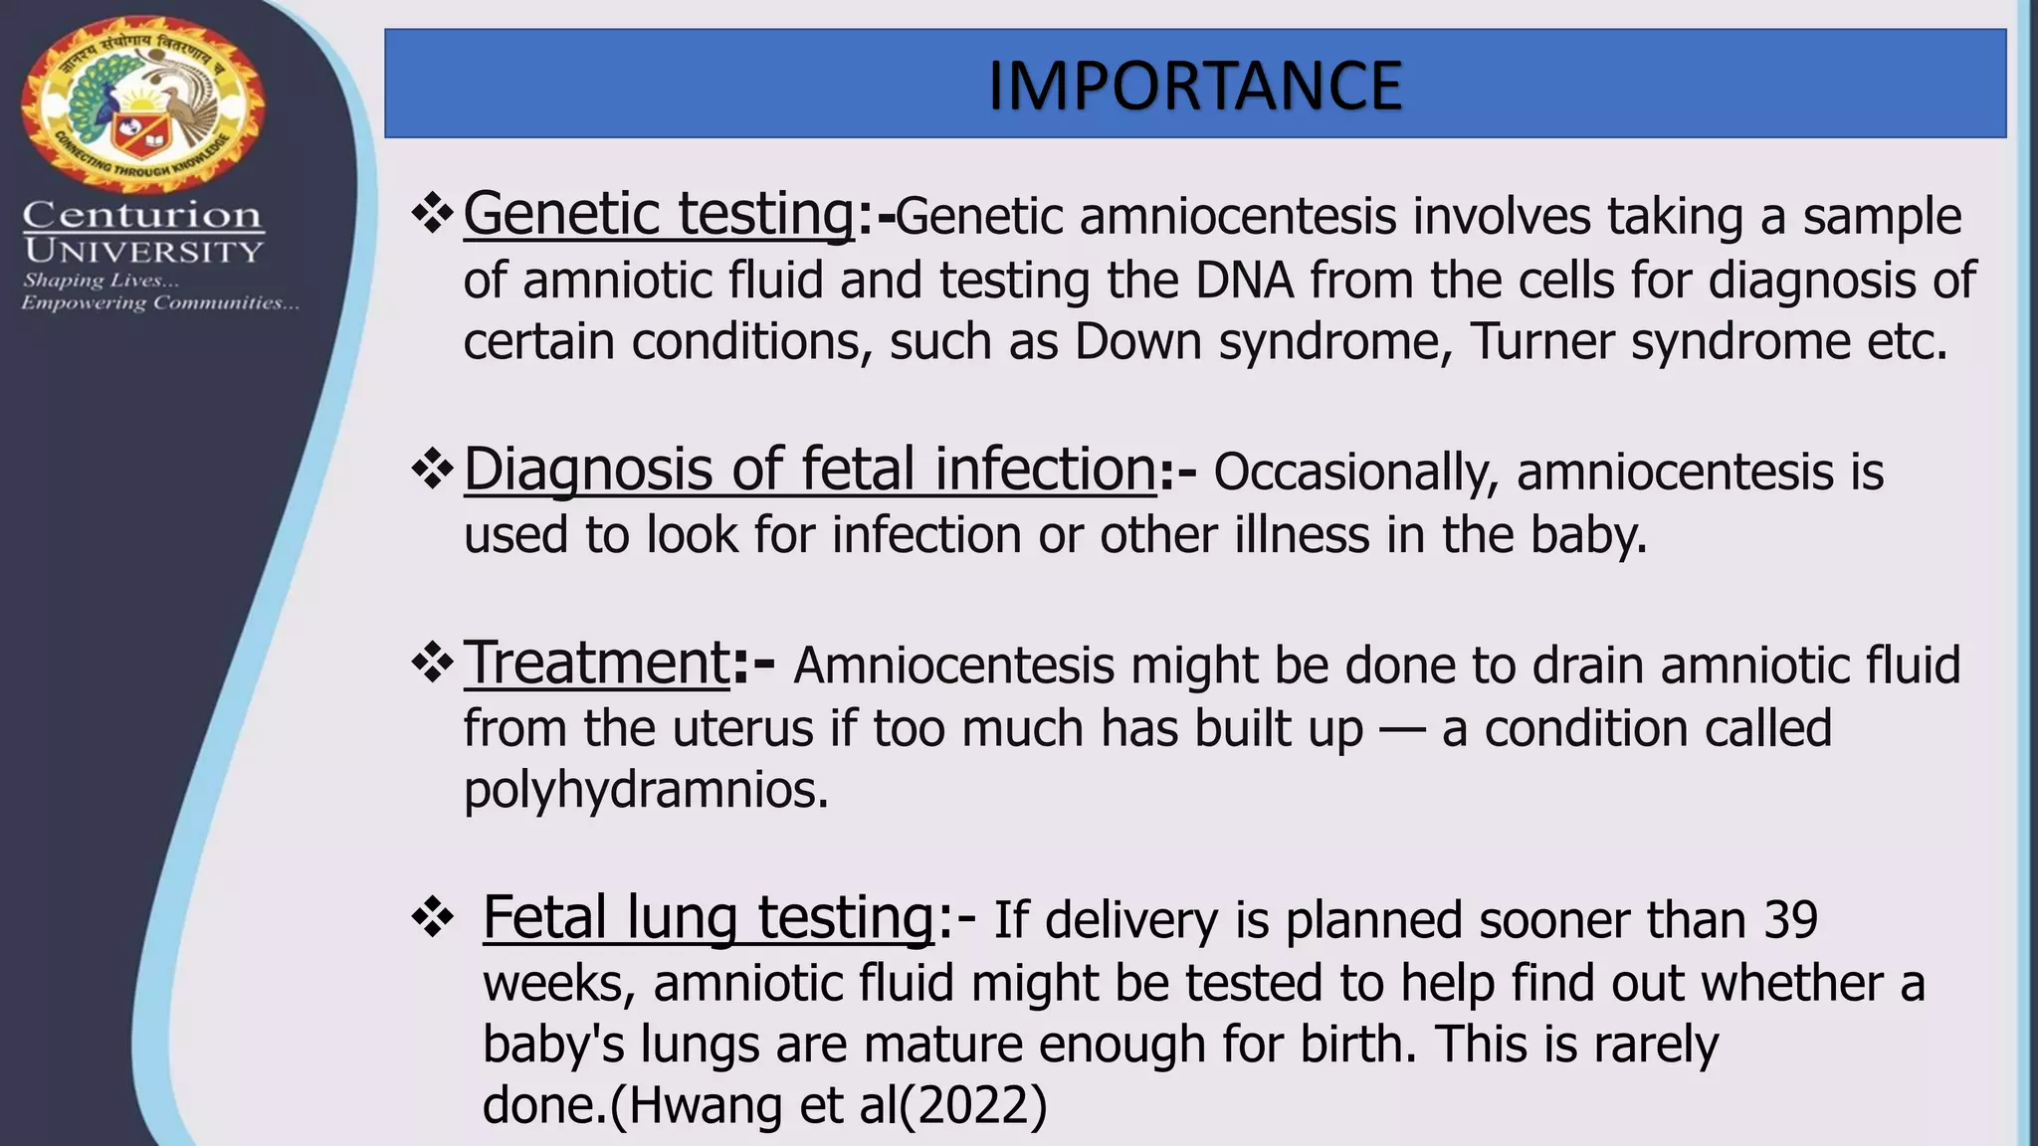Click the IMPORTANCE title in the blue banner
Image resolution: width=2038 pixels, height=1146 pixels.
pyautogui.click(x=1194, y=86)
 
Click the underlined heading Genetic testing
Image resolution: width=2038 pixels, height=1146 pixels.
pyautogui.click(x=659, y=214)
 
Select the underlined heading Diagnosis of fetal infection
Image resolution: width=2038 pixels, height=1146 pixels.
pyautogui.click(x=810, y=470)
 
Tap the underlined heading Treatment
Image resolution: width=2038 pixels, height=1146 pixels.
pyautogui.click(x=598, y=663)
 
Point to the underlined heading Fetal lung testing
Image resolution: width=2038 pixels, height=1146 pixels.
pyautogui.click(x=709, y=917)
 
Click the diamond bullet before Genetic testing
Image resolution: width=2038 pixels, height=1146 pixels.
pyautogui.click(x=433, y=214)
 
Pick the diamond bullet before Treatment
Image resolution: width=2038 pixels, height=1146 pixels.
pyautogui.click(x=433, y=664)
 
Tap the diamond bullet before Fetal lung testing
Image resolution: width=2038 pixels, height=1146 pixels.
pyautogui.click(x=433, y=918)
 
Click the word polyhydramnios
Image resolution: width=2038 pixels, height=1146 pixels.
pyautogui.click(x=646, y=790)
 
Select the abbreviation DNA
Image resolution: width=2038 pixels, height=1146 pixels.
pyautogui.click(x=1244, y=281)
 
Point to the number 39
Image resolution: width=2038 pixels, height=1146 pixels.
pyautogui.click(x=1790, y=920)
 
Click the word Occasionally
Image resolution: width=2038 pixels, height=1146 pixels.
pyautogui.click(x=1355, y=473)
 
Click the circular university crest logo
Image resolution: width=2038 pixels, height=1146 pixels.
pyautogui.click(x=143, y=103)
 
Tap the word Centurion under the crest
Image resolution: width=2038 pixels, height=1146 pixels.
pyautogui.click(x=143, y=214)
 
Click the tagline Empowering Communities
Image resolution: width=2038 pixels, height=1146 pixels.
pyautogui.click(x=160, y=303)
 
